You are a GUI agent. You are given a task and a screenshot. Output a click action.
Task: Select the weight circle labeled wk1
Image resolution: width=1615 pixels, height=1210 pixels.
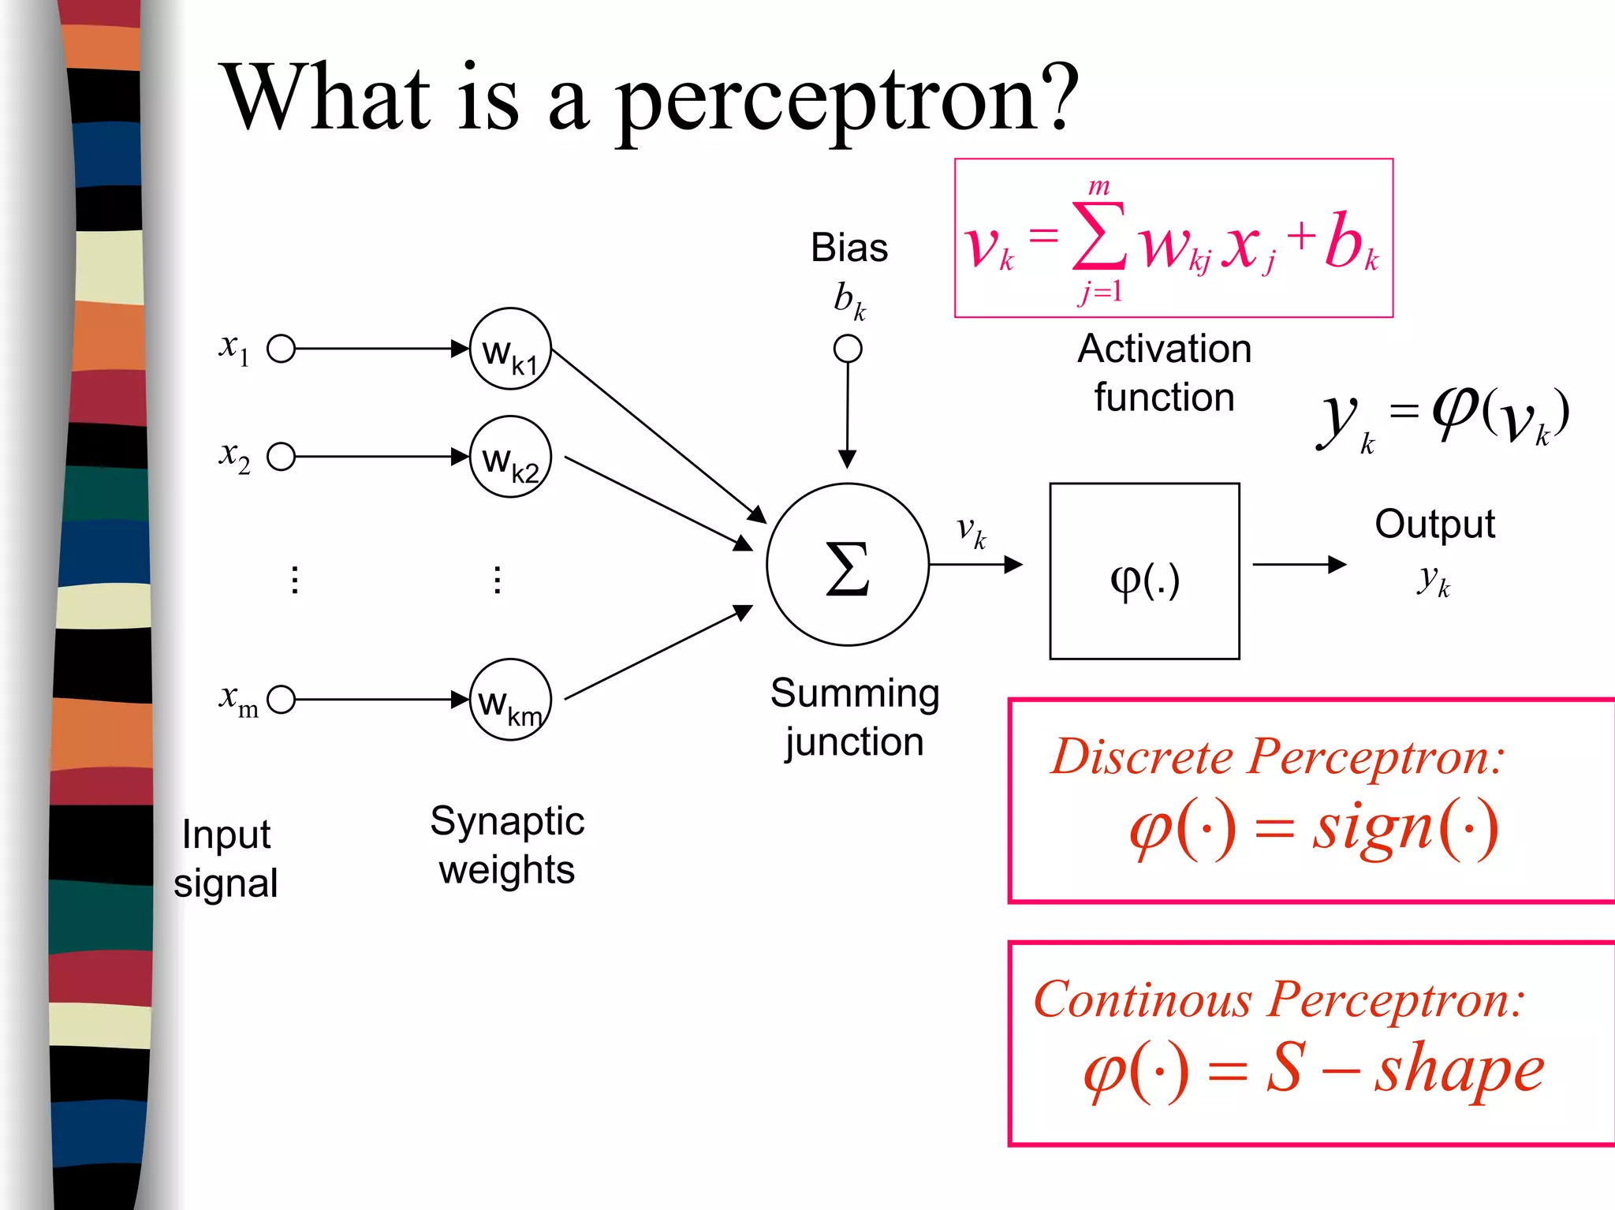pyautogui.click(x=510, y=349)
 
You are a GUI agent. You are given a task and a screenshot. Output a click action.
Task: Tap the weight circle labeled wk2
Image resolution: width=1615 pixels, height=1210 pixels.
pyautogui.click(x=510, y=457)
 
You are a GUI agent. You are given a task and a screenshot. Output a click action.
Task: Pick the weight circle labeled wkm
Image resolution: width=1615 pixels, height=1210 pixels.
pyautogui.click(x=510, y=700)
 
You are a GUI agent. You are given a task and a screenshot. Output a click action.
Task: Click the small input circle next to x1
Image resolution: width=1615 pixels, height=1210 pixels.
pyautogui.click(x=282, y=349)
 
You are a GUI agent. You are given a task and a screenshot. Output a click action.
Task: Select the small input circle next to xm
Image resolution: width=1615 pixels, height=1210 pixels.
pyautogui.click(x=282, y=700)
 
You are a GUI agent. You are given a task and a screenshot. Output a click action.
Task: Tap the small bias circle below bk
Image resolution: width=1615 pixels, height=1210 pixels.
pyautogui.click(x=848, y=349)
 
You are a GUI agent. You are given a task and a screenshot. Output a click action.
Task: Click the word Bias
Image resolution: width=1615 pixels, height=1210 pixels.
pyautogui.click(x=849, y=248)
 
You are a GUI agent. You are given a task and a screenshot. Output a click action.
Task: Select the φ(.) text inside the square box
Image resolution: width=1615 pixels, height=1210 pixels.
pyautogui.click(x=1144, y=581)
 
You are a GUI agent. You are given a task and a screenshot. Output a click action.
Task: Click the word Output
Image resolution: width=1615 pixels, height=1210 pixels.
pyautogui.click(x=1434, y=525)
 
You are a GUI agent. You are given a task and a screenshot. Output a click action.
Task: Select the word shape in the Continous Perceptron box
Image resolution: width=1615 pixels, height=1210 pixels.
pyautogui.click(x=1459, y=1071)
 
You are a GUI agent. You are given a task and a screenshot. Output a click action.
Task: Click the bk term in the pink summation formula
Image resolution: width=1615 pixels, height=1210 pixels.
pyautogui.click(x=1351, y=243)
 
